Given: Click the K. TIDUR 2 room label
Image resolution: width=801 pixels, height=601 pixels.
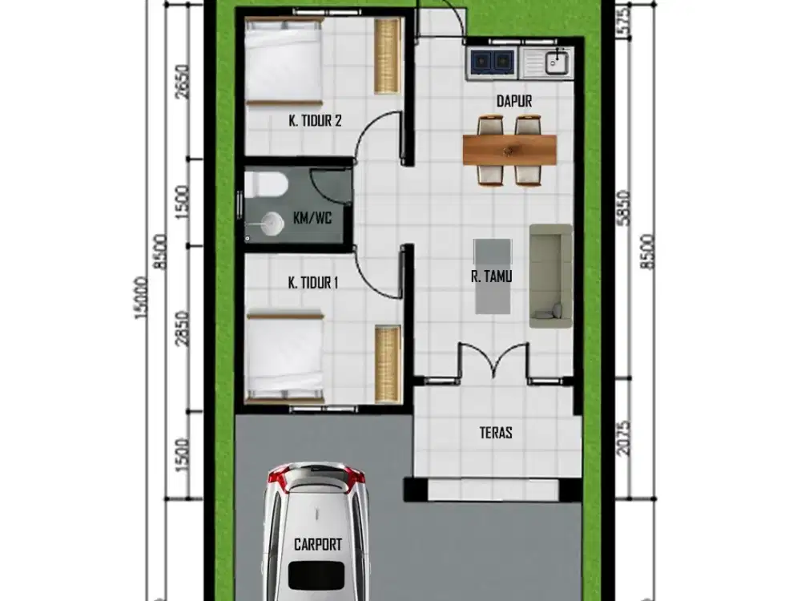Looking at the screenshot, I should point(315,121).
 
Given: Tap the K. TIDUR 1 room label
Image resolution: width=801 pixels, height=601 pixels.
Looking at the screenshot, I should point(314,282).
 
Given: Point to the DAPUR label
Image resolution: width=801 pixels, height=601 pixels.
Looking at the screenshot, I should point(513,101).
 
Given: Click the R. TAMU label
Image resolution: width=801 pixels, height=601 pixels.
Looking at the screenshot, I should point(492,277).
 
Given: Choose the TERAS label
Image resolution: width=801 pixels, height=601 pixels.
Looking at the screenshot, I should point(496,433).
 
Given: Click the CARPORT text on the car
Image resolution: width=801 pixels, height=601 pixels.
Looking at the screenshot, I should point(318,545).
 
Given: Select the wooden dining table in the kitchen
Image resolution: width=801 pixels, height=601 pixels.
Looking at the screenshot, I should point(509,149).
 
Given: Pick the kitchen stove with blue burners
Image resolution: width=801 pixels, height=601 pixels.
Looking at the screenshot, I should point(492,61).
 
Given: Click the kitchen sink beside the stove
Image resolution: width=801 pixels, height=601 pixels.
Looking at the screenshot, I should point(553,62).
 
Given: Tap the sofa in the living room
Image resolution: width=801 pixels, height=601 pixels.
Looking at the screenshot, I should point(550,276).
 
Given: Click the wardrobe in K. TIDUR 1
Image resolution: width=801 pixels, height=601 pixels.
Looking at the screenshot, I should point(388,362).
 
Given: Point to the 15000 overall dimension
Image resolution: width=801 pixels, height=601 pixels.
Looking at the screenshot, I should point(142,300).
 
